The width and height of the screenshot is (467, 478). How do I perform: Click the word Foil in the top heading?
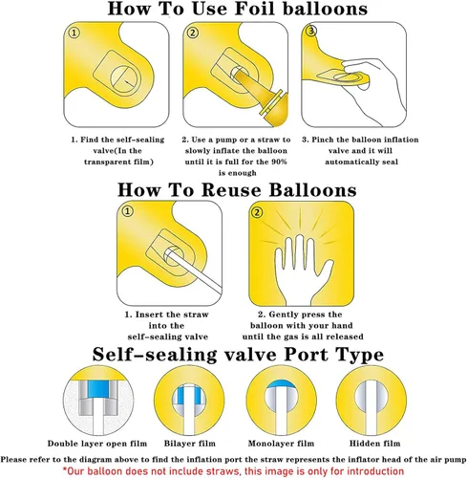pyautogui.click(x=256, y=9)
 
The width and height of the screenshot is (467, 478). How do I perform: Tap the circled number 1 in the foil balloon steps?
pyautogui.click(x=74, y=33)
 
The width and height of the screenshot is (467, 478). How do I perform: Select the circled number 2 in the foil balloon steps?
pyautogui.click(x=193, y=33)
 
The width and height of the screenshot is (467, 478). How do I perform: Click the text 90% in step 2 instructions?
pyautogui.click(x=279, y=162)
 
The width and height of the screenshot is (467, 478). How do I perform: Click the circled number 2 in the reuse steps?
pyautogui.click(x=257, y=212)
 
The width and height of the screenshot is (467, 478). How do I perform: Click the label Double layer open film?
pyautogui.click(x=97, y=444)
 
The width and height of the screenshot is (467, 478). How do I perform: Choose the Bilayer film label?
pyautogui.click(x=190, y=444)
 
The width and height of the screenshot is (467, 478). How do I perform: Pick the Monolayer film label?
pyautogui.click(x=281, y=444)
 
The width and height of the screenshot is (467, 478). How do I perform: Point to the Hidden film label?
pyautogui.click(x=374, y=444)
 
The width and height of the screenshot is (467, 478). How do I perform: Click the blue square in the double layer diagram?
pyautogui.click(x=98, y=389)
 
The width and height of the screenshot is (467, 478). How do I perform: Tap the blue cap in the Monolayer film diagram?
pyautogui.click(x=281, y=384)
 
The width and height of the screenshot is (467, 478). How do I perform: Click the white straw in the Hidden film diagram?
pyautogui.click(x=371, y=407)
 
